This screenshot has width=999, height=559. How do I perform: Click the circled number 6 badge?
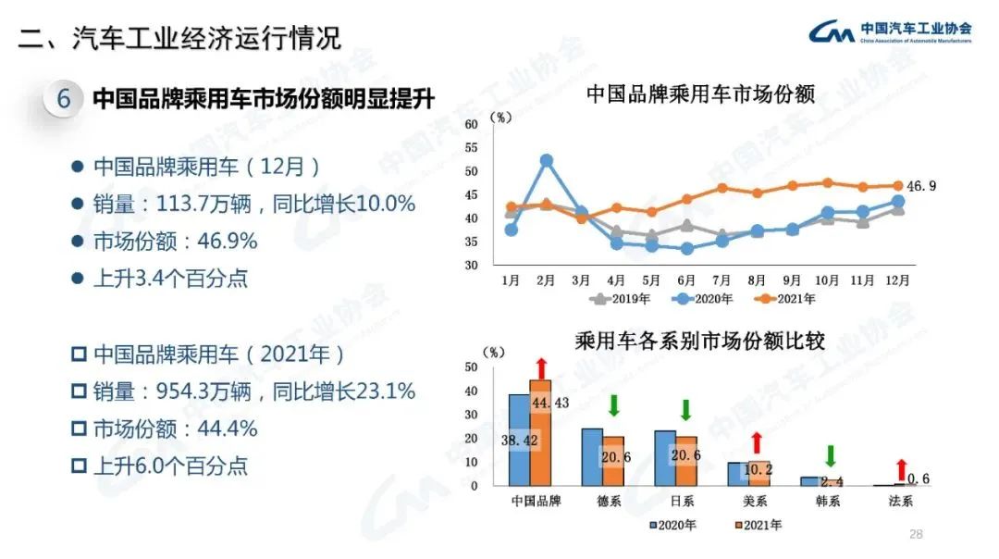coord(64,99)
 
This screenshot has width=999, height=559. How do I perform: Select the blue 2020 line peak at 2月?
coord(547,160)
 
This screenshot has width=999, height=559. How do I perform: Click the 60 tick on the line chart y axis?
coord(471,124)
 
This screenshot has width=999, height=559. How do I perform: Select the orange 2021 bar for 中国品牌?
coord(540,432)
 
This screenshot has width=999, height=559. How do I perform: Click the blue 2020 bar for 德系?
coord(592,457)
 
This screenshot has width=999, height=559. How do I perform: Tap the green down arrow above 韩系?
coord(830,455)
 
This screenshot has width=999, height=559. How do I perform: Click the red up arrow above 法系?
coord(901,468)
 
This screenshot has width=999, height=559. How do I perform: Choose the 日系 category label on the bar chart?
coord(685,503)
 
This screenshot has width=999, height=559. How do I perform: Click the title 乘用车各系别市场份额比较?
coord(699,341)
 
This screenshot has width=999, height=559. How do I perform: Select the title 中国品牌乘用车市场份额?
coord(700,94)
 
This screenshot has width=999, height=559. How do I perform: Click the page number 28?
coord(917,534)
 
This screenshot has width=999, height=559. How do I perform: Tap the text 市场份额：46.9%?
coord(175,242)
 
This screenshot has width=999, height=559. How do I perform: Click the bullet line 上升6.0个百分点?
coord(170,466)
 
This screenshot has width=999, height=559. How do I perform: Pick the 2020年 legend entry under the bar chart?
coord(672,526)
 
